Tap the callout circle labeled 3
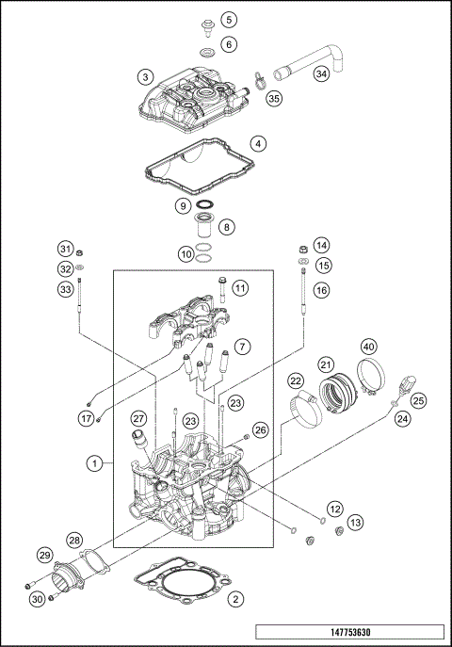click(144, 75)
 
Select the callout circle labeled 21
click(326, 364)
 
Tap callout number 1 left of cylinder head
click(94, 462)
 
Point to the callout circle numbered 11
click(241, 287)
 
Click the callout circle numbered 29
click(43, 555)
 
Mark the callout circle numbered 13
click(354, 522)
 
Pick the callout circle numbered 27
click(138, 419)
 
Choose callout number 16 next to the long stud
click(322, 291)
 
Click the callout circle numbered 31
click(65, 249)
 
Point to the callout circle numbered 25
click(418, 401)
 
